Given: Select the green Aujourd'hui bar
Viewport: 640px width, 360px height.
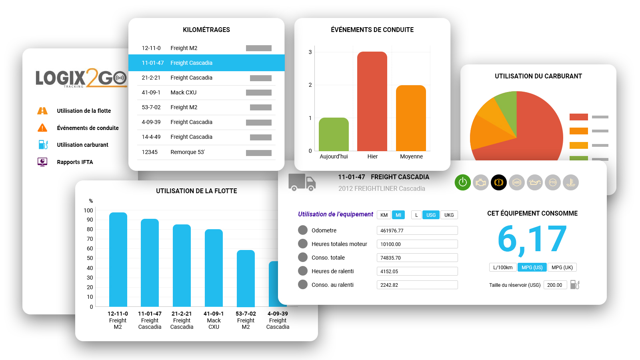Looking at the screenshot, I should pos(334,134).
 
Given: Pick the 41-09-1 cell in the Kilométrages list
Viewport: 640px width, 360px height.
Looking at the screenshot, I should pos(151,92).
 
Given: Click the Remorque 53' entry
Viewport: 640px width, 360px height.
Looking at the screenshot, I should pos(188,152).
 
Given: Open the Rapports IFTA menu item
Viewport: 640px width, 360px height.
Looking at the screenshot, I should pos(75,162).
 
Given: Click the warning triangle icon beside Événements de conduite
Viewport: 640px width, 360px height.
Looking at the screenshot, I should pos(42,128).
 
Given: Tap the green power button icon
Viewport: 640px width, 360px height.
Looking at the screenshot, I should pos(462,182).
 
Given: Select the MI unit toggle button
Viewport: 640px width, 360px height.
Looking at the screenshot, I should pos(398,215).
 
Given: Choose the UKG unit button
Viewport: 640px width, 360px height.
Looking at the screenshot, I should pos(449,215).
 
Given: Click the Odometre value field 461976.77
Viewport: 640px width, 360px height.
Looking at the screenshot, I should pos(417,230).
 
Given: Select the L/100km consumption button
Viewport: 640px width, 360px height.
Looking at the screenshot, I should pos(503,268).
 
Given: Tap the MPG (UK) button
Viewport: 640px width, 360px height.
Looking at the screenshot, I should pos(562,268).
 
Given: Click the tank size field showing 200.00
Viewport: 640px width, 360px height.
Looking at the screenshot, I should pos(555,285).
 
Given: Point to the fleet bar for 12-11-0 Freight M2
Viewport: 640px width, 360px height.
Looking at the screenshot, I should pos(118,260).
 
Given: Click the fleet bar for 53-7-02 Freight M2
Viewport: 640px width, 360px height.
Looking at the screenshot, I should pos(246,278).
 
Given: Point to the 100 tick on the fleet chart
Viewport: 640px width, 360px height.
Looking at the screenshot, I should pos(88,210).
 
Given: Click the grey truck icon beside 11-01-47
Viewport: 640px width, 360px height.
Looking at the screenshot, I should pos(302,182).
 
